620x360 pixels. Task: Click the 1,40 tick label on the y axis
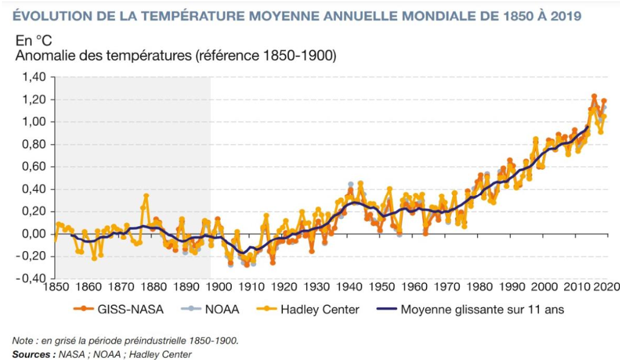coord(33,77)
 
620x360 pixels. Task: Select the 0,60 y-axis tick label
coord(33,167)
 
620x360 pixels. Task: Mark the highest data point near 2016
coord(594,96)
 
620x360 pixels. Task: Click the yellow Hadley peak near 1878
coord(146,196)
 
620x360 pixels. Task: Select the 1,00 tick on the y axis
coord(33,122)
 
